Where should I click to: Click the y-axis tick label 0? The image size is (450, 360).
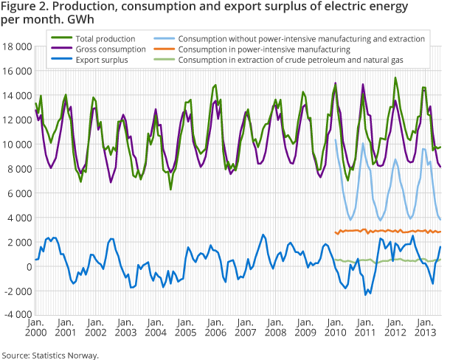[x=27, y=266]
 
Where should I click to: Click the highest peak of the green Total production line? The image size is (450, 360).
[x=395, y=78]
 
